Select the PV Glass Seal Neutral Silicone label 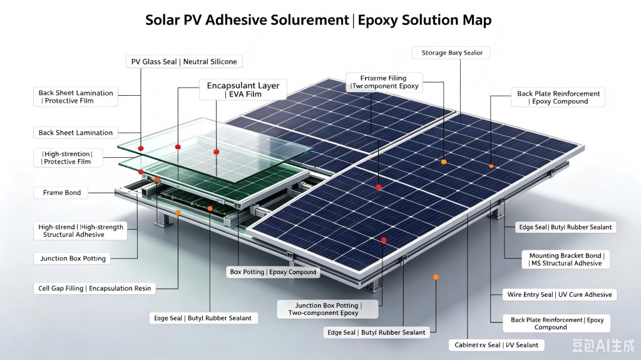click(184, 62)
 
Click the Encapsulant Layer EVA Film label click(243, 90)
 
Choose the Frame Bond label click(62, 193)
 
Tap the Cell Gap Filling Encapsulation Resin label click(95, 289)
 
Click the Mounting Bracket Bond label click(566, 259)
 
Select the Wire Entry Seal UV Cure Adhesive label click(559, 294)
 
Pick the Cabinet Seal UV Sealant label click(496, 345)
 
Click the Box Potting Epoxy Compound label click(273, 272)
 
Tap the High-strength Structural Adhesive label click(81, 231)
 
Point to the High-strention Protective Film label click(68, 158)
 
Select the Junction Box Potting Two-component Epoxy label click(327, 309)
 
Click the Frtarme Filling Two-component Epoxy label click(384, 82)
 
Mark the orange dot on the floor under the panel click(436, 277)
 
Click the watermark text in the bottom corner click(603, 346)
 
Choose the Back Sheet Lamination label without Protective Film click(76, 133)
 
